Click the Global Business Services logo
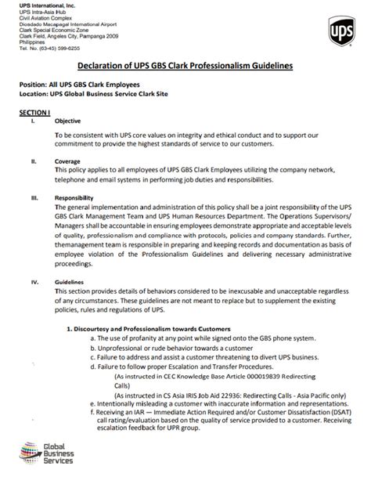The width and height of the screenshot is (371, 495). pos(47,452)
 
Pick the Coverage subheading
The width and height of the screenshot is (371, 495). pos(67,161)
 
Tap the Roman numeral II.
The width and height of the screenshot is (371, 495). pos(33,161)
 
